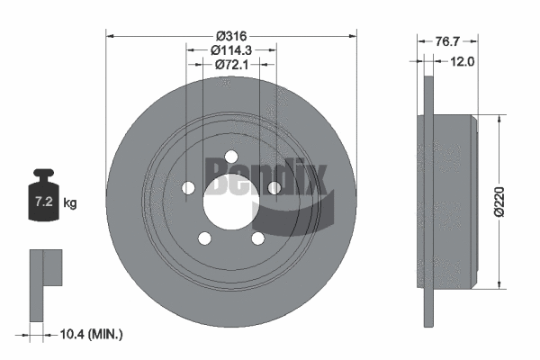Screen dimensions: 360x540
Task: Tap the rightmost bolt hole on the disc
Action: (274, 187)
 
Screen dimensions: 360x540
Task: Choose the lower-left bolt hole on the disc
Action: (204, 238)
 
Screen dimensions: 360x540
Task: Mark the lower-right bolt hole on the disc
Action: (257, 238)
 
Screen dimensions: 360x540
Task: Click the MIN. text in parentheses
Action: (104, 334)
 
